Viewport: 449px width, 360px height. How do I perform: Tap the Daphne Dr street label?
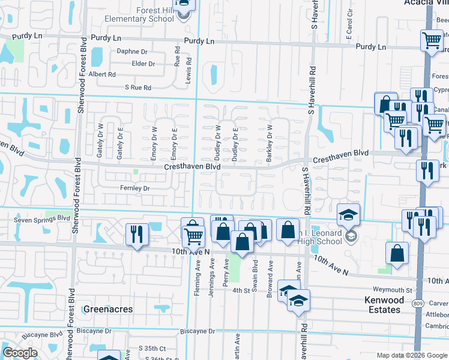click(x=131, y=52)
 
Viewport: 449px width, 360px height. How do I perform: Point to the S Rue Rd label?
click(x=138, y=88)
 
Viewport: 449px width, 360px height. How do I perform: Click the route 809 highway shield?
click(x=417, y=304)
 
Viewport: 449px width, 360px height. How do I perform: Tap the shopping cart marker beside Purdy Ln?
click(x=432, y=41)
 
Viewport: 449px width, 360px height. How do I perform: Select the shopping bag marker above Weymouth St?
click(x=397, y=253)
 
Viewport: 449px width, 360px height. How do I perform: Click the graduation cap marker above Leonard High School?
click(x=348, y=215)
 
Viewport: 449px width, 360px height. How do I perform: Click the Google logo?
click(x=20, y=353)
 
